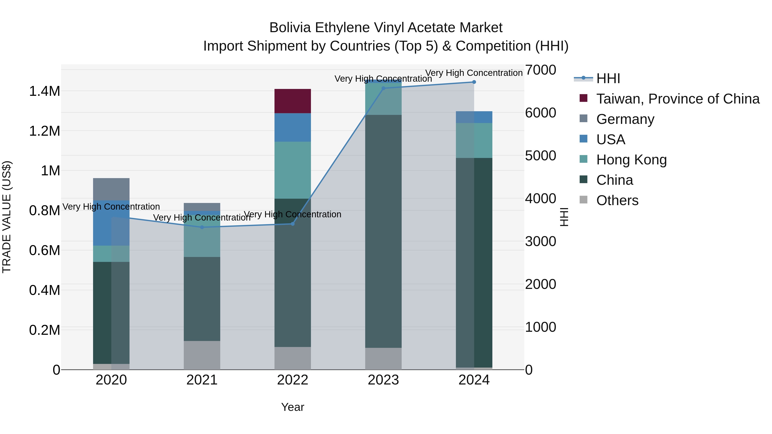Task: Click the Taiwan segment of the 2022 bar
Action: tap(293, 101)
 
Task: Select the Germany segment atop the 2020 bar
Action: tap(111, 189)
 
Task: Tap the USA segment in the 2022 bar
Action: tap(293, 127)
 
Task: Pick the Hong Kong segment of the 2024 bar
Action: tap(474, 140)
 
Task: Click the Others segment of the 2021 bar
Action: tap(202, 355)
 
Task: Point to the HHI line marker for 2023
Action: tap(383, 88)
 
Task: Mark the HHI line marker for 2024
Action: tap(474, 82)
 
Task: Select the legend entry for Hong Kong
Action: tap(631, 160)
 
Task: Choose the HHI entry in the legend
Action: tap(608, 78)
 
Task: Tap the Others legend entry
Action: tap(617, 200)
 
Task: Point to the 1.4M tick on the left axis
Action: tap(44, 91)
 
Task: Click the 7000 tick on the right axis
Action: tap(540, 70)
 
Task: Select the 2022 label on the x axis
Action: tap(293, 380)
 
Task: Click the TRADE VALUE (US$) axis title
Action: tap(7, 217)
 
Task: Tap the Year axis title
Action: tap(293, 407)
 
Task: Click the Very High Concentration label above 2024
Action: tap(474, 73)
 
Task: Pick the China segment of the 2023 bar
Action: tap(383, 231)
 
